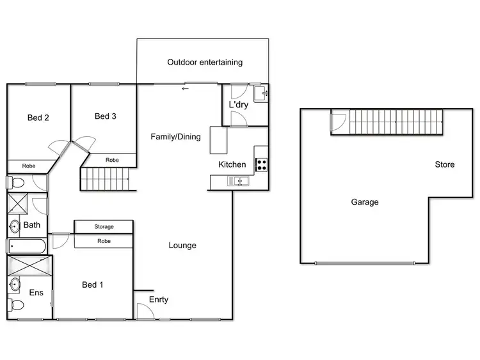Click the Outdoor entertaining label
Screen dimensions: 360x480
pyautogui.click(x=205, y=62)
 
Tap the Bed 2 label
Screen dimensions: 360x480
pyautogui.click(x=38, y=118)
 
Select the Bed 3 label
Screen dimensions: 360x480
pyautogui.click(x=105, y=116)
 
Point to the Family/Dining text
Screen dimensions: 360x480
pyautogui.click(x=175, y=136)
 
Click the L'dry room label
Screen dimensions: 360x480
pyautogui.click(x=238, y=104)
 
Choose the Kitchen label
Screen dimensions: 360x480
pyautogui.click(x=232, y=164)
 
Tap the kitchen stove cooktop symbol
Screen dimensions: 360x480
pyautogui.click(x=261, y=164)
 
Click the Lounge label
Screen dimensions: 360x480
pyautogui.click(x=182, y=245)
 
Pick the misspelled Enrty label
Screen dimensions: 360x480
pyautogui.click(x=159, y=299)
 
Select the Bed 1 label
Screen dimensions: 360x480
pyautogui.click(x=92, y=285)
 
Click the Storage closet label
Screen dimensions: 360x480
pyautogui.click(x=104, y=226)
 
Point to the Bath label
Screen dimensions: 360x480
pyautogui.click(x=32, y=225)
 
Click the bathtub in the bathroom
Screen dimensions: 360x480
pyautogui.click(x=26, y=246)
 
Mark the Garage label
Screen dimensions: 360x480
pyautogui.click(x=364, y=202)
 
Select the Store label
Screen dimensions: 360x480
pyautogui.click(x=445, y=164)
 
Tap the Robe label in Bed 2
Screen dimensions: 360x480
pyautogui.click(x=29, y=166)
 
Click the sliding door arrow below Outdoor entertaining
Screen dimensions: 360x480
pyautogui.click(x=186, y=88)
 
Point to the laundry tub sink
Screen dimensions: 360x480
pyautogui.click(x=260, y=94)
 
